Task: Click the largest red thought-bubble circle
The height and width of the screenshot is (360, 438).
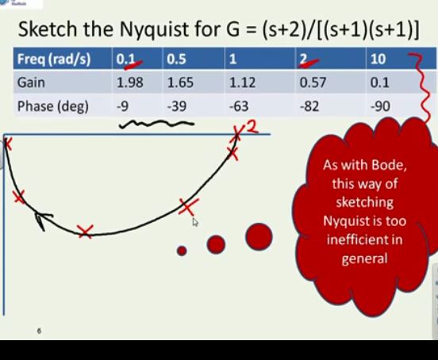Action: click(x=259, y=236)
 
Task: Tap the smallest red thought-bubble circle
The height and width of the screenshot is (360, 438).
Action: click(x=182, y=251)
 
